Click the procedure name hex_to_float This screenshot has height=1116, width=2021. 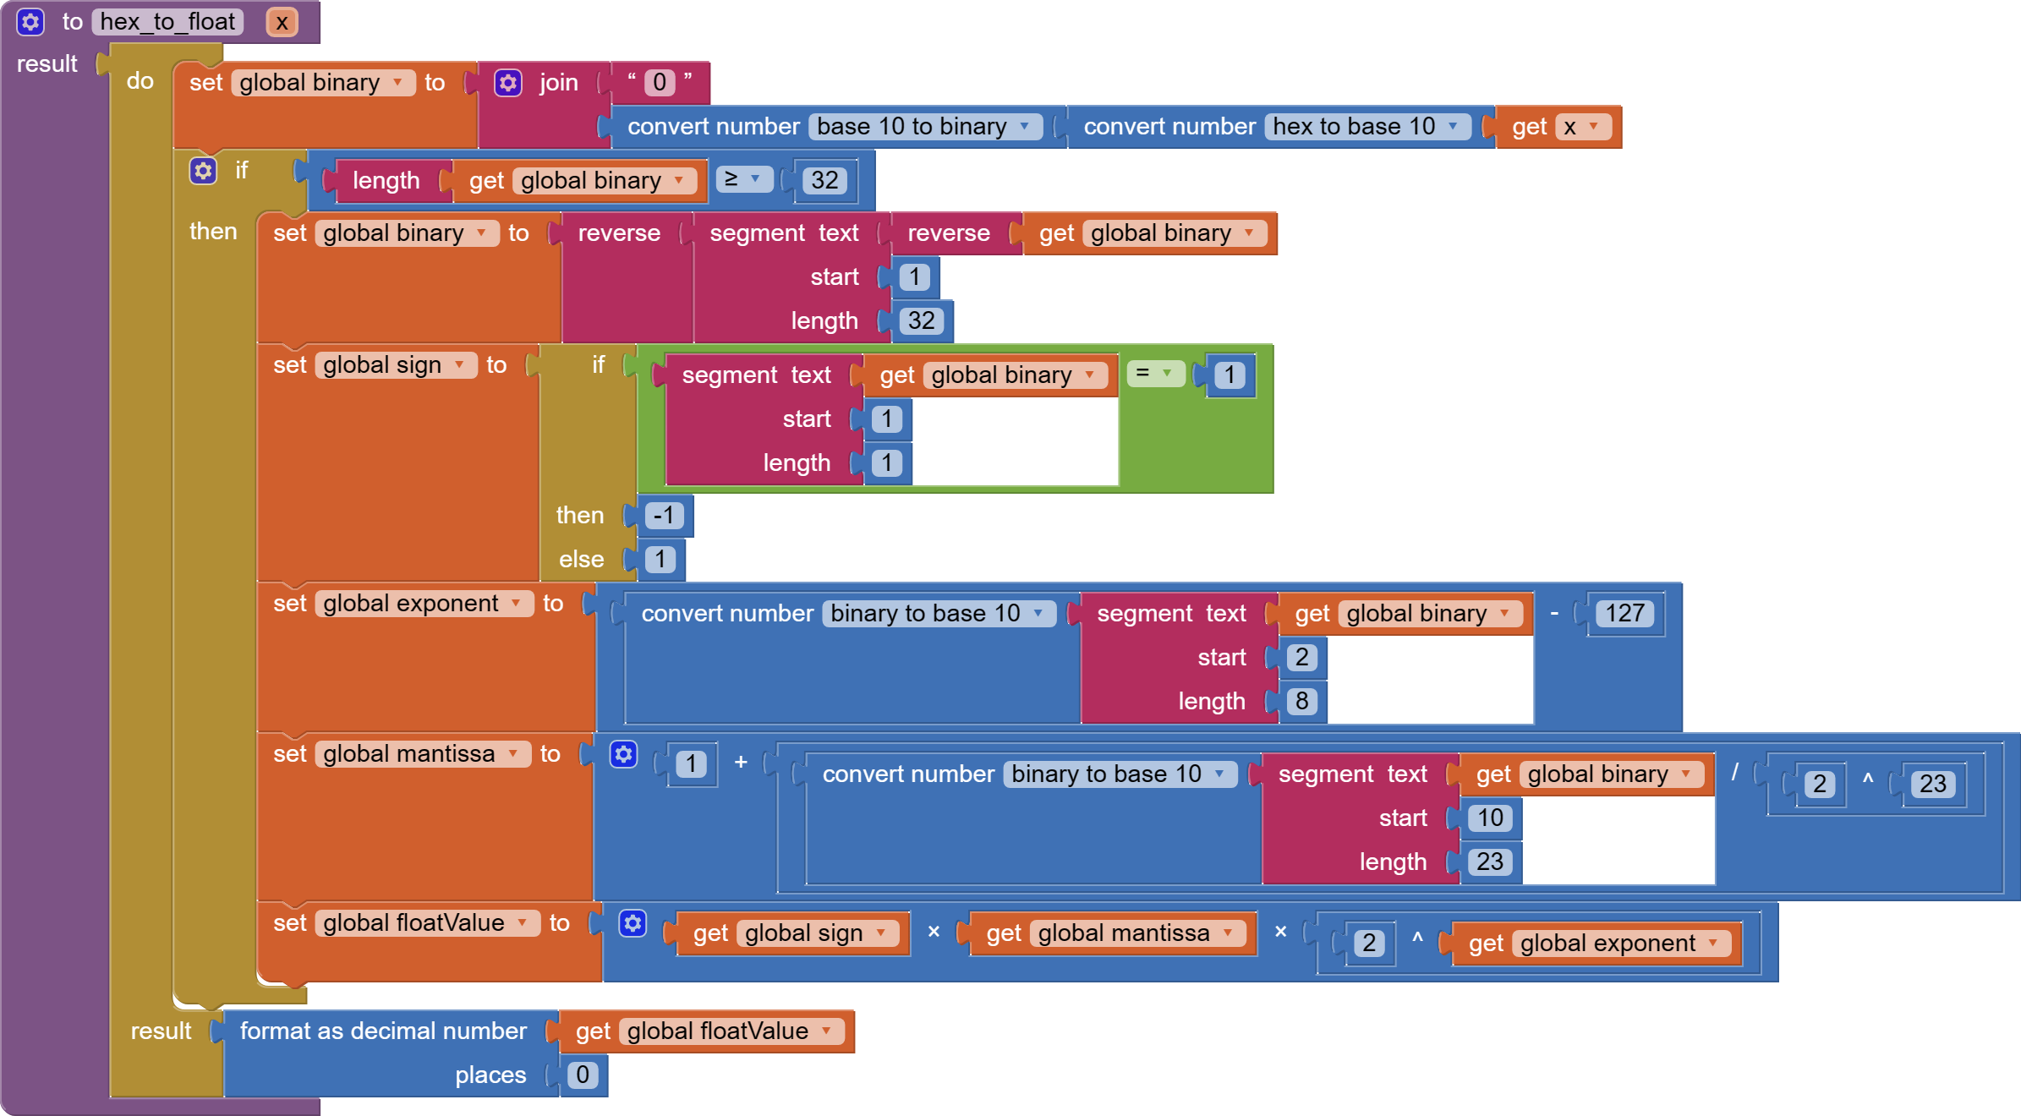click(167, 22)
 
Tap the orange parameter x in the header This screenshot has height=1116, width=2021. click(282, 22)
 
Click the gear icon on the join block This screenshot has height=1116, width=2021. click(507, 83)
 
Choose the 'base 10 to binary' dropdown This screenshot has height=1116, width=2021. click(923, 127)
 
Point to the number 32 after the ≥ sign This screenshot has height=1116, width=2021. click(824, 180)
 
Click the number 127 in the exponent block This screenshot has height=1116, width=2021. click(1624, 613)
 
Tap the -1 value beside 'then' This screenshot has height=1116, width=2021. click(664, 516)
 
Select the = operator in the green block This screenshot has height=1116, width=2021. click(1154, 373)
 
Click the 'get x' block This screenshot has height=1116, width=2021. click(1556, 127)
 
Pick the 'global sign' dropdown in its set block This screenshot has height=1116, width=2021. click(395, 365)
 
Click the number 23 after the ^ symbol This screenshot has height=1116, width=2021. click(1932, 784)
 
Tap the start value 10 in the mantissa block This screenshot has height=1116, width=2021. click(1490, 818)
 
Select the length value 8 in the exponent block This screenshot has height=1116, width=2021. click(1301, 701)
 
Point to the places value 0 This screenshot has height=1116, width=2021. click(583, 1075)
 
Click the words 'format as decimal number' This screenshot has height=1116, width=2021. click(383, 1031)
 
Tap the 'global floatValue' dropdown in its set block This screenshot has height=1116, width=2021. click(426, 923)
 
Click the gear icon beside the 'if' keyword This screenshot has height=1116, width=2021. click(203, 171)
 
